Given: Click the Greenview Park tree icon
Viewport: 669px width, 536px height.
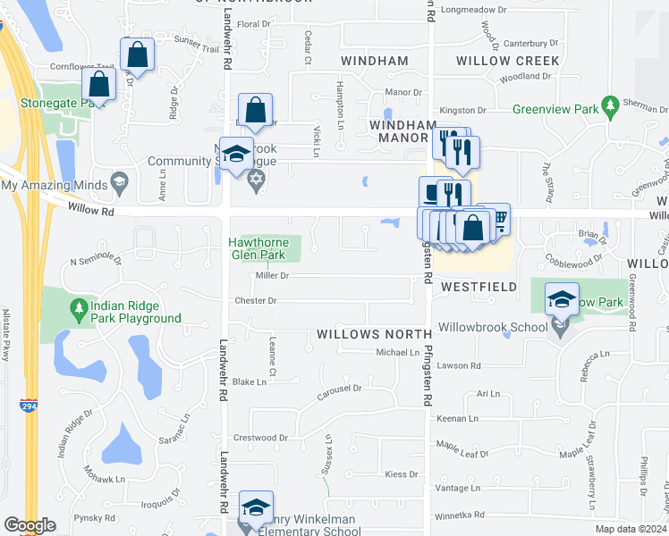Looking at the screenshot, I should click(612, 107).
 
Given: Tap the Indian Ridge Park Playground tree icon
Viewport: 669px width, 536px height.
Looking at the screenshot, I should click(79, 309).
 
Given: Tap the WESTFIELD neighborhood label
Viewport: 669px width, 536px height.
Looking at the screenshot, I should click(478, 287).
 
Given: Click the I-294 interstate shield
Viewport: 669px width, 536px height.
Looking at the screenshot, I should click(29, 406).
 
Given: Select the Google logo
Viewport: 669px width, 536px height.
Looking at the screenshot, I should click(30, 525).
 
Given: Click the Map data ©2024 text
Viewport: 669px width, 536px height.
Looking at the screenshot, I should click(631, 529).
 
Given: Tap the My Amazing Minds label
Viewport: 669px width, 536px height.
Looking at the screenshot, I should click(55, 185).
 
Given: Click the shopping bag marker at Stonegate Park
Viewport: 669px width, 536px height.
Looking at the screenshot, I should click(99, 85).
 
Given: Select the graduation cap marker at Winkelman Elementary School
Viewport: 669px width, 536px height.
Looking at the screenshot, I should click(256, 508).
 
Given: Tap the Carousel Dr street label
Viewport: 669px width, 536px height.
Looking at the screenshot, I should click(339, 389).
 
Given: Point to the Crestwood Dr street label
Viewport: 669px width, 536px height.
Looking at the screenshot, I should click(260, 438).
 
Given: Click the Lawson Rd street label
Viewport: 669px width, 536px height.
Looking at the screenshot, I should click(458, 365).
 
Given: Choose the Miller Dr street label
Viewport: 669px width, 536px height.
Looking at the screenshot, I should click(272, 276).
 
